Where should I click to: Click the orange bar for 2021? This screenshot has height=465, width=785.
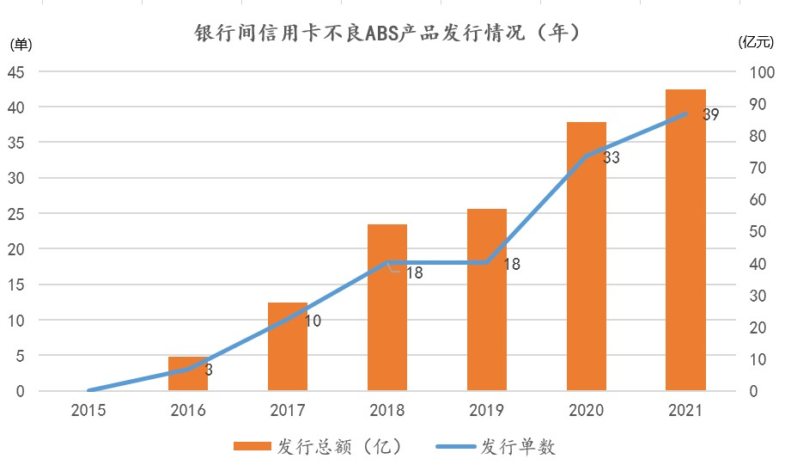pos(685,241)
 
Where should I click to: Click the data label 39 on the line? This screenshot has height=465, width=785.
pos(710,113)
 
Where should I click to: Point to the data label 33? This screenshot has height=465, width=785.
pos(612,158)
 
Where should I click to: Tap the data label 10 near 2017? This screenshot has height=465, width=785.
pos(313,321)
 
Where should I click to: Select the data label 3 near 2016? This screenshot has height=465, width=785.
pos(209,370)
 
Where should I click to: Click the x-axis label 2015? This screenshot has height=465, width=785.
pos(88,410)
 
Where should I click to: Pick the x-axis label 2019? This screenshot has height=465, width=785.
pos(486,410)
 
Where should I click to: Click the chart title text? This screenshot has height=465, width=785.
pos(388,34)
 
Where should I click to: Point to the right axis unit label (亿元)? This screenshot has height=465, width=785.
pos(758,41)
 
